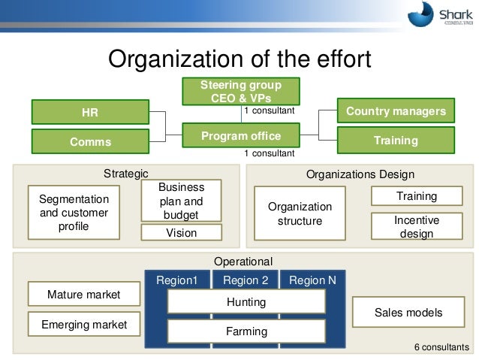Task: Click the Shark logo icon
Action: click(422, 16)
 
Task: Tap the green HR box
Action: click(89, 113)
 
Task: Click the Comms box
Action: click(89, 141)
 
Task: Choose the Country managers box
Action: click(396, 112)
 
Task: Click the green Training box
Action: click(396, 141)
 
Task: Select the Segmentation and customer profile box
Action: click(74, 213)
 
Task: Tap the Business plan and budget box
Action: click(182, 201)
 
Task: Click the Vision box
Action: click(182, 233)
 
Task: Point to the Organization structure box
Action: click(299, 213)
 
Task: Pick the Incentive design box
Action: click(416, 227)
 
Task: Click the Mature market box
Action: click(83, 295)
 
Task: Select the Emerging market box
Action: click(83, 325)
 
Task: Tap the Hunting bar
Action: click(246, 302)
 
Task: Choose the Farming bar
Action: click(246, 331)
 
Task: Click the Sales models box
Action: click(408, 313)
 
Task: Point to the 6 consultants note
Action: click(441, 347)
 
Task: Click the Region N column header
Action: click(307, 280)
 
